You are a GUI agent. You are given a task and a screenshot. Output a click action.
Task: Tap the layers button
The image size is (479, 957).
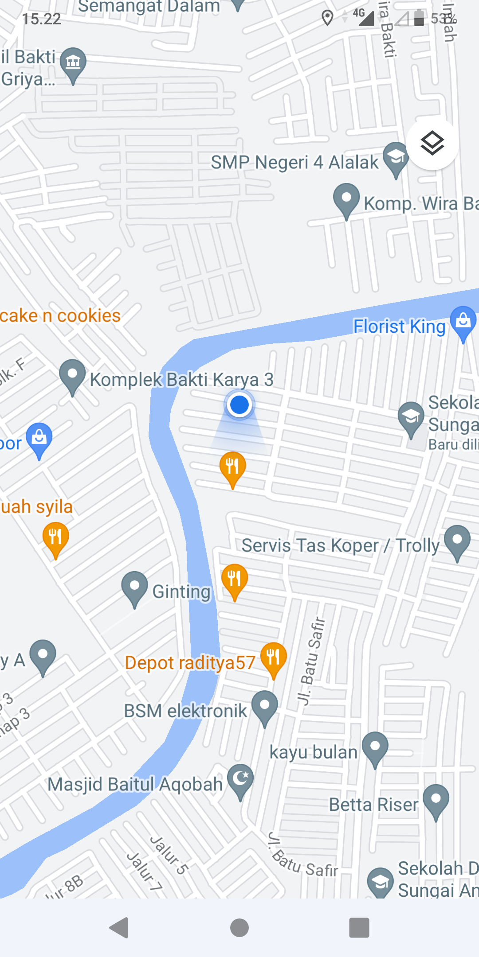[432, 144]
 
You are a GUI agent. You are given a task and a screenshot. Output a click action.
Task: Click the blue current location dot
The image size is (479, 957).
[239, 405]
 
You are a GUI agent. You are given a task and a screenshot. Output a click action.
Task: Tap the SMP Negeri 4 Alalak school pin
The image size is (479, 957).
[396, 157]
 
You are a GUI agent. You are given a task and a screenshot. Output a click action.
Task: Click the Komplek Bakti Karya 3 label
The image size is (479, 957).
[181, 380]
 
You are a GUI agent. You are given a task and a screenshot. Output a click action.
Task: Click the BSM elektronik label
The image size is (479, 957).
[185, 711]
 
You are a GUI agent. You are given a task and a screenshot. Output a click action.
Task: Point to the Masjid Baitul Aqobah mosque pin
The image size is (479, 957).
[240, 779]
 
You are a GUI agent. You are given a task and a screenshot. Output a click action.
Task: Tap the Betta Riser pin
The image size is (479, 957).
[436, 799]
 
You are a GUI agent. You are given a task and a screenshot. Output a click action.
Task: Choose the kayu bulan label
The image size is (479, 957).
[313, 752]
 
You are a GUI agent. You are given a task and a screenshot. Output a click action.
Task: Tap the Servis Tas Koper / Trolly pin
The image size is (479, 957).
[457, 541]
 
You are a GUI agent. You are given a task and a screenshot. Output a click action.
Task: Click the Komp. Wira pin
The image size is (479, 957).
[346, 198]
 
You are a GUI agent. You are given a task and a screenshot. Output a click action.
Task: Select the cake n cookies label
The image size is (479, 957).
[60, 316]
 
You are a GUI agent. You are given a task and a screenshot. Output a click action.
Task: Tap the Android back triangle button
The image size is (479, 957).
[119, 928]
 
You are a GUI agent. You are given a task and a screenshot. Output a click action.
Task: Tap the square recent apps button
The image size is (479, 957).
[359, 928]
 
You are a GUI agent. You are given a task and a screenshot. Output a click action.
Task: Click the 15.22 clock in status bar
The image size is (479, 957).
[41, 19]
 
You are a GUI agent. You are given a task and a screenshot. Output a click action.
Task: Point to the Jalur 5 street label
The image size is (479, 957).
[169, 855]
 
